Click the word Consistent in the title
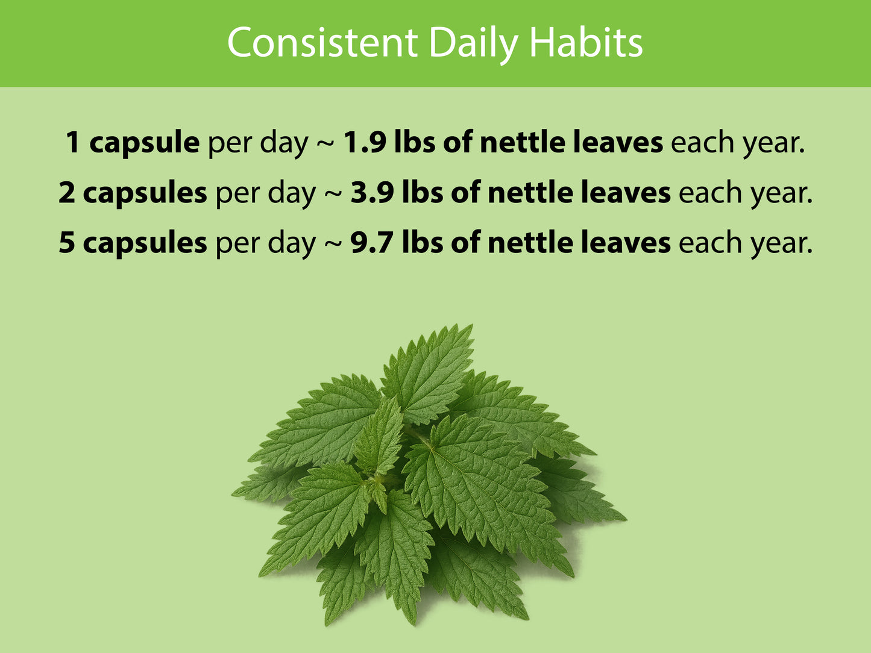tap(322, 43)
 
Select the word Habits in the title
tap(585, 43)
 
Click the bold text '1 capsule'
tap(133, 143)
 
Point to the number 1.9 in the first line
tap(365, 143)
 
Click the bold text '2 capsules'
tap(133, 193)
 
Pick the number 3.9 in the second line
tap(372, 193)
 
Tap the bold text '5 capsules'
tap(133, 243)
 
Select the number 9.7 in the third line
tap(372, 243)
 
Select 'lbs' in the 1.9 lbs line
tap(415, 143)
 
